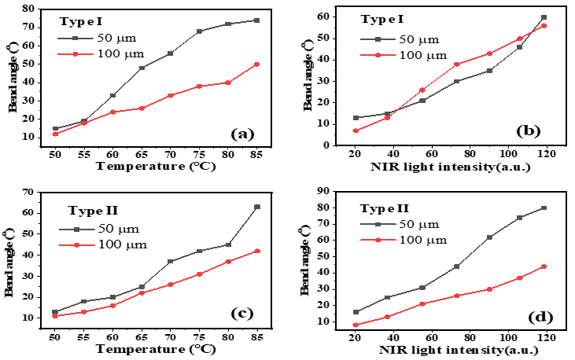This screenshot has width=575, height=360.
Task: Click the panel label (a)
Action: pyautogui.click(x=241, y=134)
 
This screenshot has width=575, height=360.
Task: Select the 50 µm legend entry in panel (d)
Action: pyautogui.click(x=400, y=226)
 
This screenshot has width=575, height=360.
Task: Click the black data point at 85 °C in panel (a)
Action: pyautogui.click(x=257, y=20)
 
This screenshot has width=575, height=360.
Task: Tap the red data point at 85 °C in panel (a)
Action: pyautogui.click(x=257, y=64)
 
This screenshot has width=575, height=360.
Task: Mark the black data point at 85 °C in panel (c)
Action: pyautogui.click(x=257, y=207)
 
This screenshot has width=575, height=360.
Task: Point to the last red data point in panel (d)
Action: pyautogui.click(x=544, y=266)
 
